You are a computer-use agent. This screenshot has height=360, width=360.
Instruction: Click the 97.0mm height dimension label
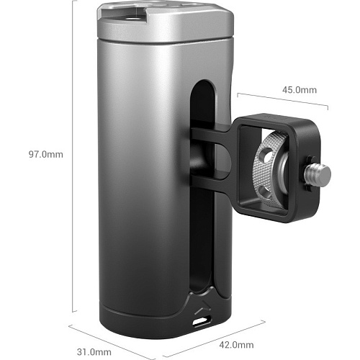click(46, 154)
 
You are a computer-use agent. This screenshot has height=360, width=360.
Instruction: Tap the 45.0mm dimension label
click(300, 90)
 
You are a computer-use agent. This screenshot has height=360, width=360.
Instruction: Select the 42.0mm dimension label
click(236, 345)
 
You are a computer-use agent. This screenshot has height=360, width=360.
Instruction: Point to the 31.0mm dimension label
click(94, 352)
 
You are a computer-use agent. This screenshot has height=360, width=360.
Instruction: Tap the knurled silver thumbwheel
click(268, 169)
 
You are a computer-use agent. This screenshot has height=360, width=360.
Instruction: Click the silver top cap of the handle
click(165, 24)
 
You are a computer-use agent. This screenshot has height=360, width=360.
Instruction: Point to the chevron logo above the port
click(203, 307)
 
